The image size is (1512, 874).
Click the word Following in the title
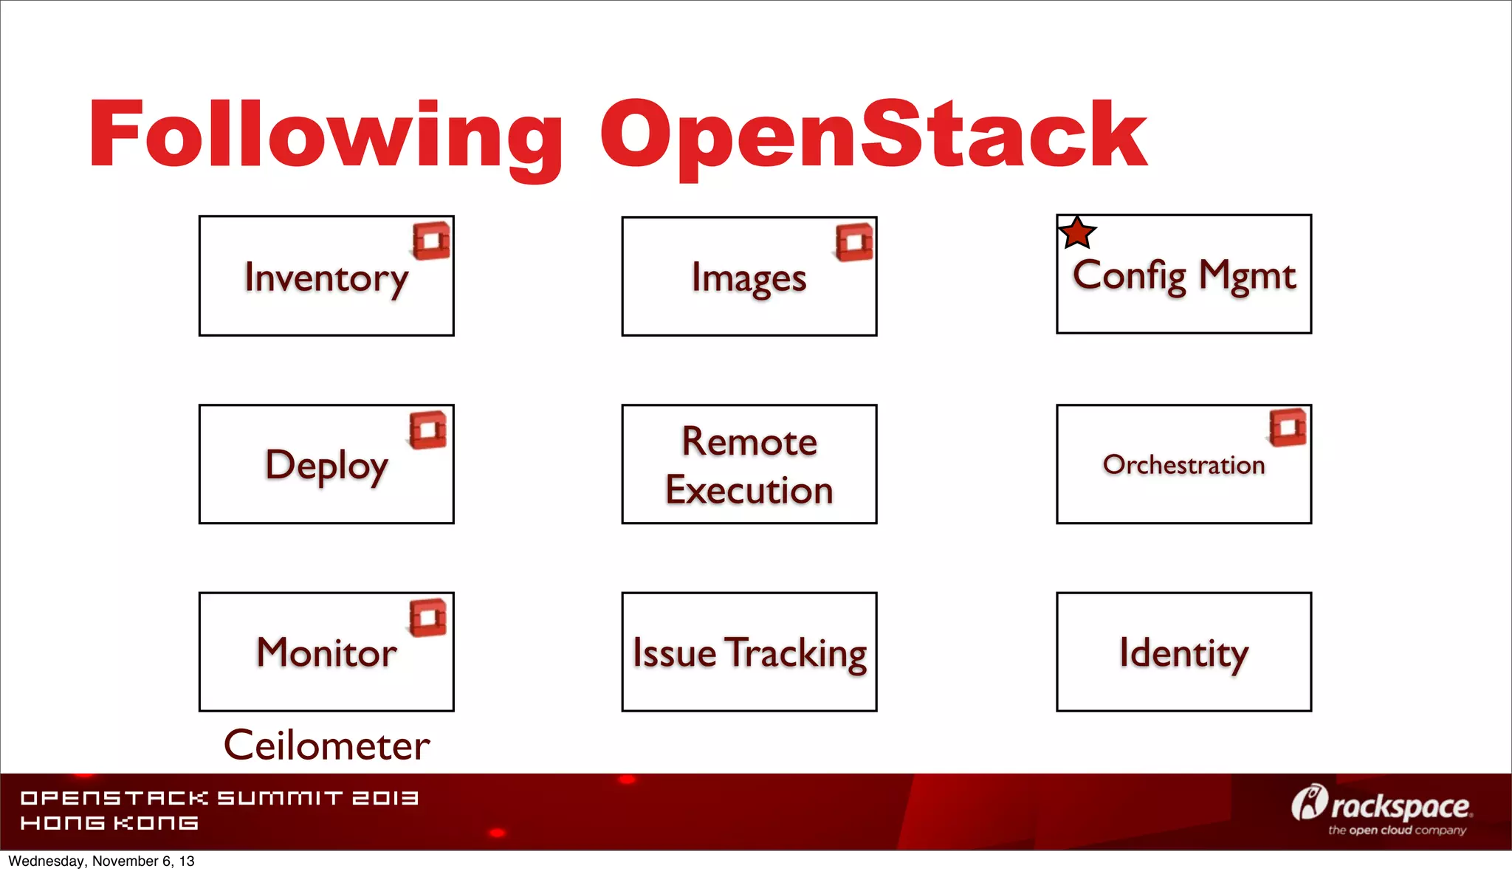(x=325, y=137)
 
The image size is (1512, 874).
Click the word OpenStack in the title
(x=873, y=137)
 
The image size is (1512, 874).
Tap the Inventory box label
(x=326, y=278)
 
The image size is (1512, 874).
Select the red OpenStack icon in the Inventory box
(x=431, y=241)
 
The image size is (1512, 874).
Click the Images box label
(x=749, y=279)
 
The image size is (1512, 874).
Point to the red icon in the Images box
(x=854, y=242)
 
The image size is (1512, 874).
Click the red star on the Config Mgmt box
(x=1077, y=233)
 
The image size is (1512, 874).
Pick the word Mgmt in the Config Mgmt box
(x=1247, y=276)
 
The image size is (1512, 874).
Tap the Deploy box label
(x=326, y=466)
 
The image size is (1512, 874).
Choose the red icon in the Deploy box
(x=428, y=430)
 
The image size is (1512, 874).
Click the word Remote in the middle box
(x=749, y=441)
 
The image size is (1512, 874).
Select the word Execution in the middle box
(x=749, y=490)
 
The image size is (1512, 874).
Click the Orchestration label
(x=1183, y=465)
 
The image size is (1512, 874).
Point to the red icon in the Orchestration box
(x=1288, y=427)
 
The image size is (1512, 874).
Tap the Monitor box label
(x=326, y=653)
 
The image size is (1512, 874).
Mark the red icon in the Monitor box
(x=428, y=617)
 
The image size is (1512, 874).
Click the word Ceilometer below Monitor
(x=326, y=746)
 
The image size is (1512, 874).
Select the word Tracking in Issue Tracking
(x=796, y=653)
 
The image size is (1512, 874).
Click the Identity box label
(x=1183, y=653)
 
